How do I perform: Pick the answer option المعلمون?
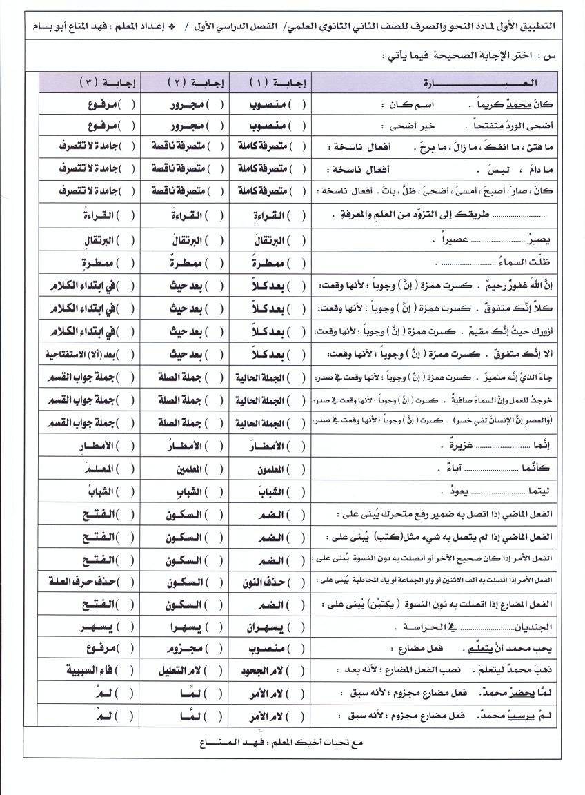point(266,469)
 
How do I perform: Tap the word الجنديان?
point(530,628)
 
